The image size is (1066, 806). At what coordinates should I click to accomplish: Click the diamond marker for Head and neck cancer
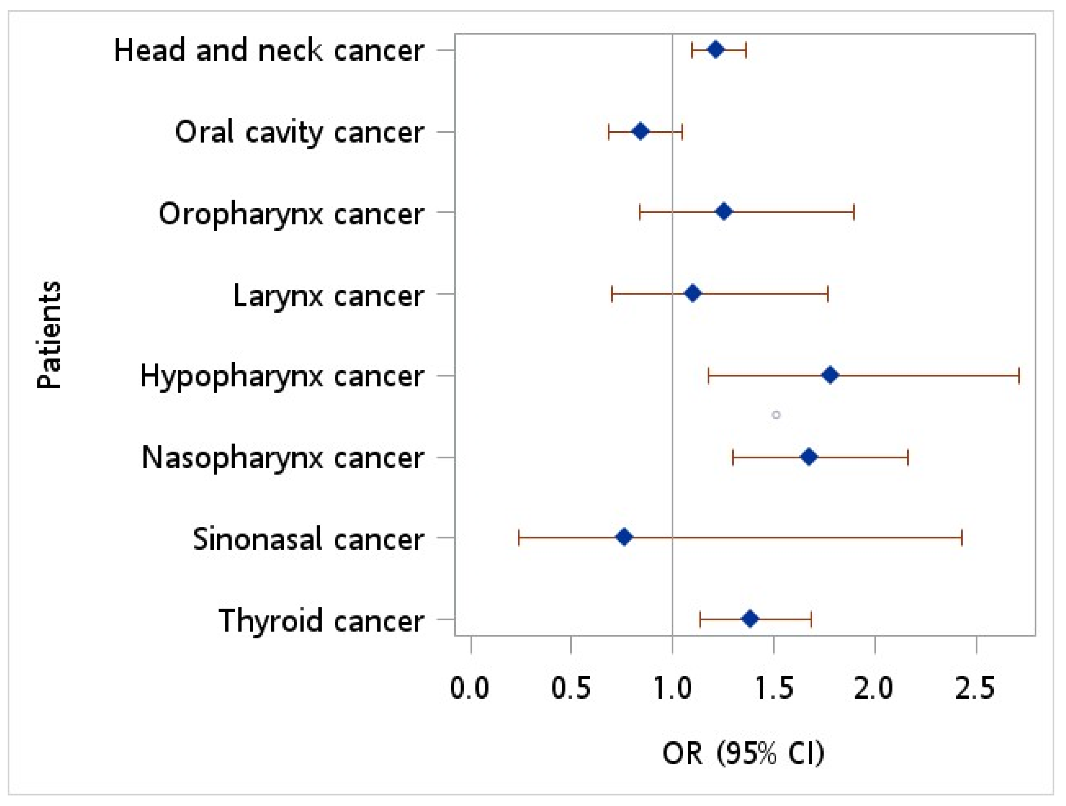coord(715,50)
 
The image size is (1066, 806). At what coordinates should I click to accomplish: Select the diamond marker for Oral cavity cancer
coord(640,131)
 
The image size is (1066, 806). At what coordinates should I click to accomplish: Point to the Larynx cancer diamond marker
coord(692,294)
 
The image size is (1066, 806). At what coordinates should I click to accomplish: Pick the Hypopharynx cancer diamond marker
coord(830,375)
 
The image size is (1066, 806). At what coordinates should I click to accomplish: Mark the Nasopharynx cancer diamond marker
coord(809,457)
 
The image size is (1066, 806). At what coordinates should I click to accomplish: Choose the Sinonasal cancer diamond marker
coord(624,537)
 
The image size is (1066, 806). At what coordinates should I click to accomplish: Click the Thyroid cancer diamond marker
coord(750,619)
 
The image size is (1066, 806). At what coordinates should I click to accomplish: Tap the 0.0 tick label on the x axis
coord(470,688)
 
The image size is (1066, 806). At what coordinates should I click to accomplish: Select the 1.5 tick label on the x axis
coord(774,688)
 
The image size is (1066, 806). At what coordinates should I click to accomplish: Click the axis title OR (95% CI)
coord(744,753)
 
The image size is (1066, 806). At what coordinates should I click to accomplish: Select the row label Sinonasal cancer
coord(309,539)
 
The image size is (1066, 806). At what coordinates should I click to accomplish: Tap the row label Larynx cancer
coord(328,296)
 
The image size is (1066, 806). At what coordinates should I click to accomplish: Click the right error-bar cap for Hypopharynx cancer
coord(1019,375)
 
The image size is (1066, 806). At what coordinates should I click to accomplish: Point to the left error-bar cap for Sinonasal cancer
coord(519,537)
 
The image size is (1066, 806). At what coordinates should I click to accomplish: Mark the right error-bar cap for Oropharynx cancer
coord(854,212)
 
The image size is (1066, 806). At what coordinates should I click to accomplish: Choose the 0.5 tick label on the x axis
coord(571,688)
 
